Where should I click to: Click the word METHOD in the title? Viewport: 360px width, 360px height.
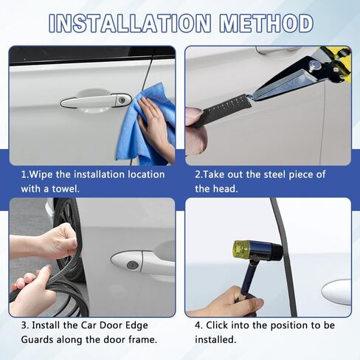[x=263, y=23]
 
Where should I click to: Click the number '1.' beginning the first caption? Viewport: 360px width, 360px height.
[x=25, y=175]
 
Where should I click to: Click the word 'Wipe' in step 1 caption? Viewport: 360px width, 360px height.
[x=44, y=175]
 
